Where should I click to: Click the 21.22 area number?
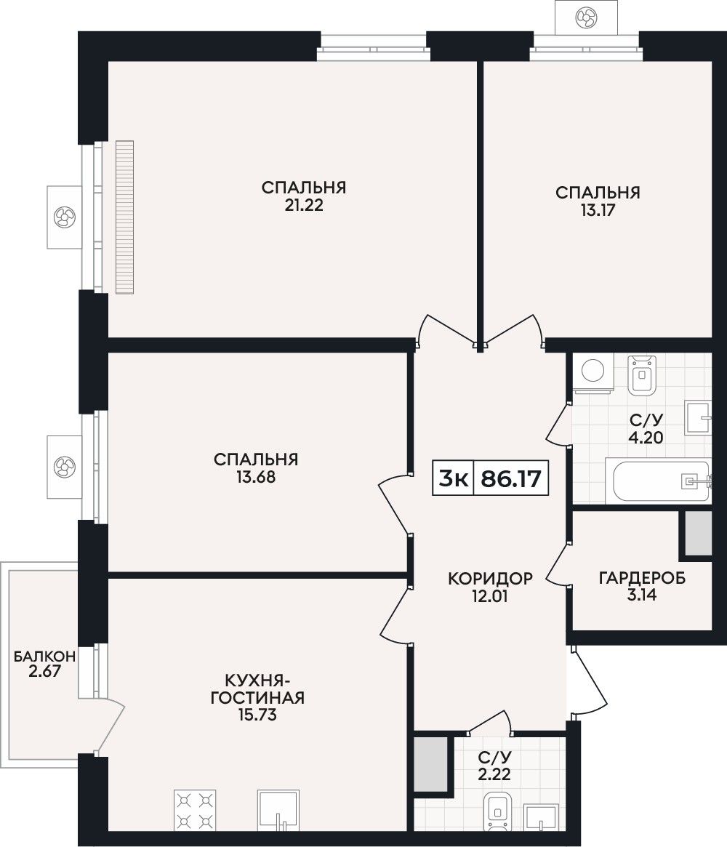tap(304, 206)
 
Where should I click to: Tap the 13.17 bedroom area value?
tap(598, 210)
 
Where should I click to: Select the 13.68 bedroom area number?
tap(256, 477)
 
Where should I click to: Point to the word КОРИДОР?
tap(491, 579)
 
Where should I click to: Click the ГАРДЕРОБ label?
tap(642, 578)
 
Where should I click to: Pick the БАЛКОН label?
tap(45, 657)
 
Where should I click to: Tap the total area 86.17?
tap(511, 478)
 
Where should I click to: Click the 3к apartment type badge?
tap(453, 478)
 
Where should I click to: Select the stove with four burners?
tap(195, 810)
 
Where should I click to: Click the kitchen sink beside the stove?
tap(278, 810)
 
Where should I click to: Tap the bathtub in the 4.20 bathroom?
tap(657, 481)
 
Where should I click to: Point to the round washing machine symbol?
tap(593, 373)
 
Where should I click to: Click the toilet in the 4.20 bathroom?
tap(642, 374)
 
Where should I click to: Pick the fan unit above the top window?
tap(586, 18)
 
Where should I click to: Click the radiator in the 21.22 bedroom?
tap(125, 217)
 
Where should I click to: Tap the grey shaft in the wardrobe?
tap(698, 533)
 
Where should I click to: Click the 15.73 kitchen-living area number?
tap(257, 715)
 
